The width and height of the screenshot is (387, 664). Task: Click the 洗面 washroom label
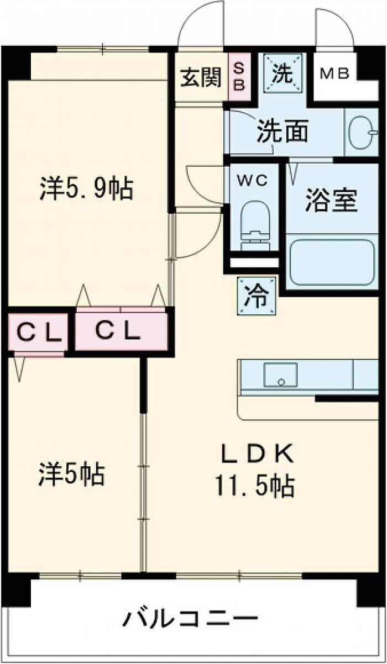click(282, 132)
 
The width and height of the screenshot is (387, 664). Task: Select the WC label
click(253, 180)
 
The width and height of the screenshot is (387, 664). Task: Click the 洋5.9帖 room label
click(86, 189)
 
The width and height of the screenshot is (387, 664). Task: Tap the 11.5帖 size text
click(254, 487)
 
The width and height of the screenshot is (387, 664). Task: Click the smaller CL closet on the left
click(38, 333)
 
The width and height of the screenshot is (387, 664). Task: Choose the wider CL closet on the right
click(121, 331)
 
